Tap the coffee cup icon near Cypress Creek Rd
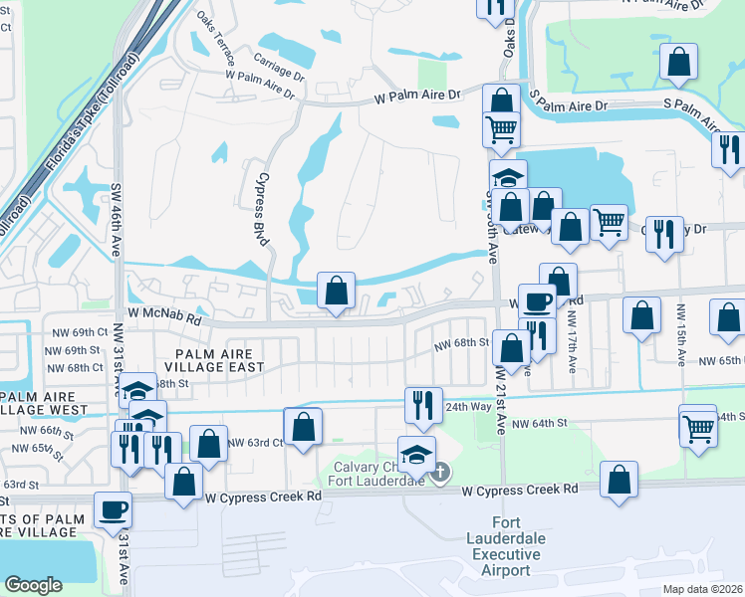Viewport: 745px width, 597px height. tap(113, 508)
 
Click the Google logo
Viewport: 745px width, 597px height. tap(33, 585)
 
